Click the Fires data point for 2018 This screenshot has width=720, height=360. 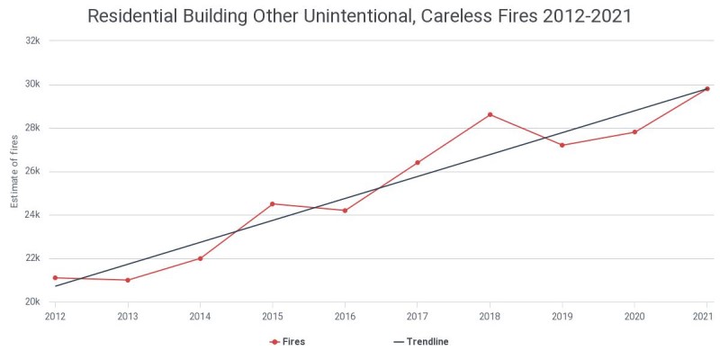pyautogui.click(x=490, y=114)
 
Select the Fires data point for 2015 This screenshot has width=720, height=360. pyautogui.click(x=273, y=203)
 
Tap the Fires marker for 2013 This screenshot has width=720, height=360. pyautogui.click(x=128, y=280)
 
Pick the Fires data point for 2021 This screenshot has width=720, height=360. pyautogui.click(x=707, y=88)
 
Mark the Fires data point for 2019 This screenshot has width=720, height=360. pyautogui.click(x=562, y=145)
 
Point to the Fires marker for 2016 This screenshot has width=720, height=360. pyautogui.click(x=345, y=211)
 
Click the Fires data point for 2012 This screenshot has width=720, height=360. pyautogui.click(x=55, y=278)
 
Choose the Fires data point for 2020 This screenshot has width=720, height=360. pyautogui.click(x=634, y=132)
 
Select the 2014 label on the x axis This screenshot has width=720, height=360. pyautogui.click(x=200, y=316)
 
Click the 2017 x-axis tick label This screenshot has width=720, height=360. pyautogui.click(x=417, y=316)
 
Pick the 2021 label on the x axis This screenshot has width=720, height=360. pyautogui.click(x=703, y=316)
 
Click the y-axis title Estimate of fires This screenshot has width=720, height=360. pyautogui.click(x=14, y=171)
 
